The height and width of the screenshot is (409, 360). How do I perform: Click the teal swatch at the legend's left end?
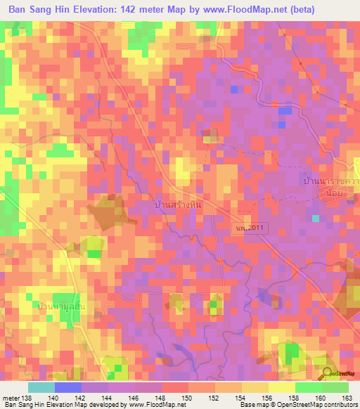coord(41,387)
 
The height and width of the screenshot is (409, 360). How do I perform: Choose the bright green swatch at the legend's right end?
coord(335,387)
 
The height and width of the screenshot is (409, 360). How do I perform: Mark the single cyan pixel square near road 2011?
coord(316,218)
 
